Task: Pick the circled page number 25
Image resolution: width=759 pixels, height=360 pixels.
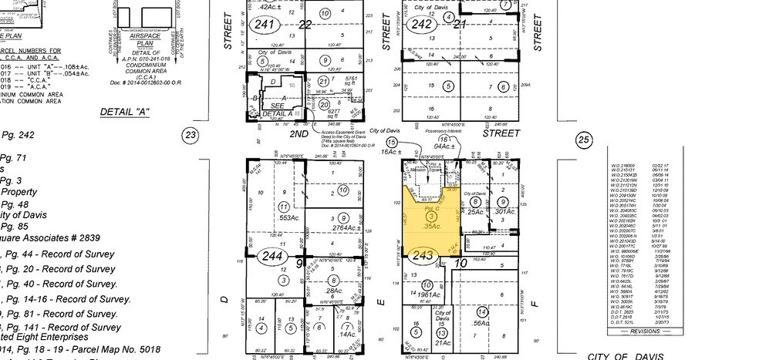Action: [583, 139]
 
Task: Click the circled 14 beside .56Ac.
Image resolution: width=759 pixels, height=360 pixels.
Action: [483, 311]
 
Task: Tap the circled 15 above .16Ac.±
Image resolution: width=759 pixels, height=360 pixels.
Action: [392, 143]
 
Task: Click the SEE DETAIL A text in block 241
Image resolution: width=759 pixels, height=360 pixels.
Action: [277, 109]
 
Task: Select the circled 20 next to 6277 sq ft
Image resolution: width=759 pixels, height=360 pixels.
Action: [325, 104]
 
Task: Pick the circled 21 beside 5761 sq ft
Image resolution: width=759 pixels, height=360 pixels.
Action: [323, 80]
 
